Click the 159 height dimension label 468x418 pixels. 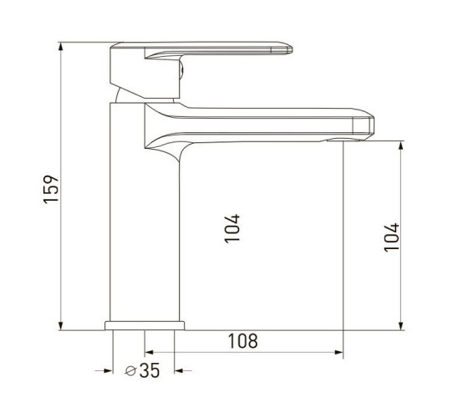(51, 189)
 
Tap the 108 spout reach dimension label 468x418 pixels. (242, 341)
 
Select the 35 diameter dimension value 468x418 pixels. (150, 370)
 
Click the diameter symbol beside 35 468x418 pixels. (130, 371)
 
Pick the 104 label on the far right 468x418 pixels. (391, 237)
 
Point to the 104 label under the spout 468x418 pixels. (232, 228)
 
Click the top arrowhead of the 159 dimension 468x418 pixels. (61, 47)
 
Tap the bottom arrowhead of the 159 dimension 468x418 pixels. (61, 326)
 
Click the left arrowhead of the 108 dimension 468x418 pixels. (149, 352)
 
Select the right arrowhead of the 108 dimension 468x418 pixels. (338, 352)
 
